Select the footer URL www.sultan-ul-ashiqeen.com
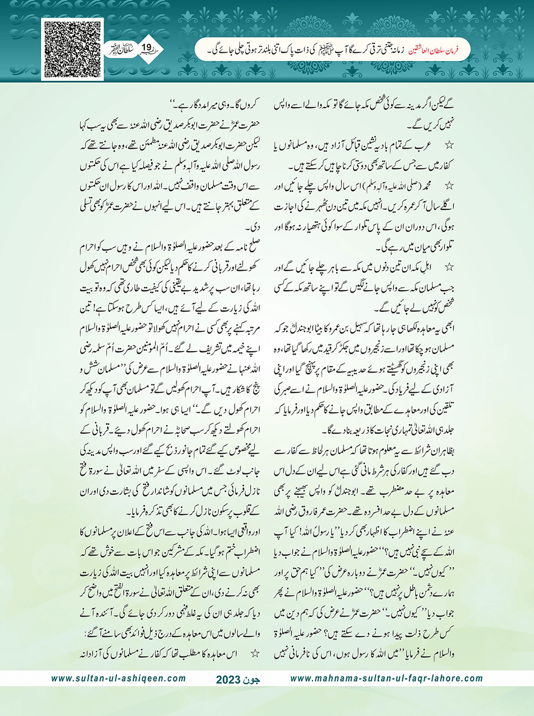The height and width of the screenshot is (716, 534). coord(119,679)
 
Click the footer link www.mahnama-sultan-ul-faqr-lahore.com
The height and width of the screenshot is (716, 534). coord(386,679)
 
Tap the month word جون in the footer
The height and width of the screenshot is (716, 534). coord(251,680)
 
